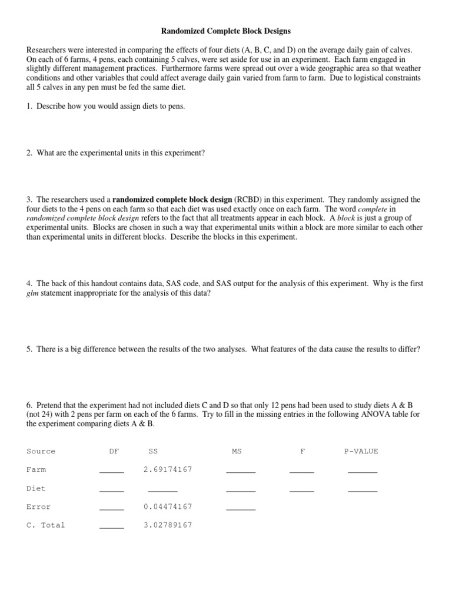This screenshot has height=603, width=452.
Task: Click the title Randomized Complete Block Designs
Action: (226, 30)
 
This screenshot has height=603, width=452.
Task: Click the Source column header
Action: (41, 451)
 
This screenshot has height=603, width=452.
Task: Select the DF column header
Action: (114, 451)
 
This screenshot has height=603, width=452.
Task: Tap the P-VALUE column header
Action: (361, 451)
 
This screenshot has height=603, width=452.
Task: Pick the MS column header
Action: (237, 451)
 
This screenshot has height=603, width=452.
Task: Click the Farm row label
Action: (36, 469)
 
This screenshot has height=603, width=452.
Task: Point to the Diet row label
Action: (36, 488)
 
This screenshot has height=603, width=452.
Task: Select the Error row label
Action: (38, 506)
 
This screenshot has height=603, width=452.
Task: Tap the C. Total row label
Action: (46, 525)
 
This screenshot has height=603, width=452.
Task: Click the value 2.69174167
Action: (168, 469)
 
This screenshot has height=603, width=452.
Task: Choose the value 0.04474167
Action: (168, 506)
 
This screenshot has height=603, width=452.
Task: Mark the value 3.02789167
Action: (168, 525)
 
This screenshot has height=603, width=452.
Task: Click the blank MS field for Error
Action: (241, 508)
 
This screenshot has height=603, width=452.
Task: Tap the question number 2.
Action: (29, 153)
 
